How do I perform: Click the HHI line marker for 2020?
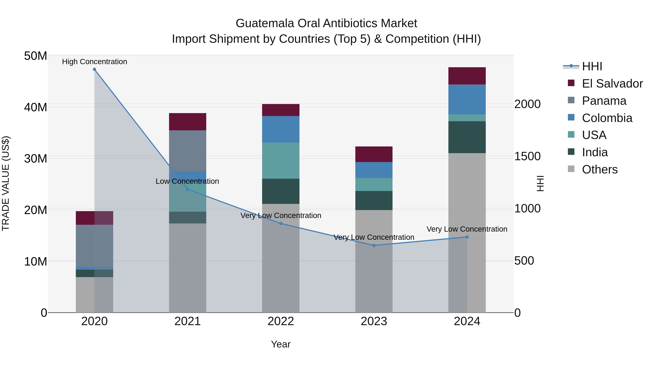pos(94,69)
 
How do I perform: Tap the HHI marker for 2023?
pos(374,245)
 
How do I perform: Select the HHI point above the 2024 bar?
pos(467,237)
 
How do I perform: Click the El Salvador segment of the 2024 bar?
pos(467,76)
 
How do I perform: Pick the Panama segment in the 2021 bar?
pos(188,151)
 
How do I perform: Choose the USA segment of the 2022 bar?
pos(281,161)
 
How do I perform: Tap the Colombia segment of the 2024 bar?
pos(467,99)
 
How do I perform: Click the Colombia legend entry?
pos(607,118)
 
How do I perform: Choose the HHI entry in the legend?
pos(592,66)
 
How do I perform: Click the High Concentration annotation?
pos(95,62)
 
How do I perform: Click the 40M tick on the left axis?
pos(36,107)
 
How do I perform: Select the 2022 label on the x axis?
pos(281,321)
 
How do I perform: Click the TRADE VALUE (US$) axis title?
pos(6,183)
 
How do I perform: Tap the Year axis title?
pos(281,344)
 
